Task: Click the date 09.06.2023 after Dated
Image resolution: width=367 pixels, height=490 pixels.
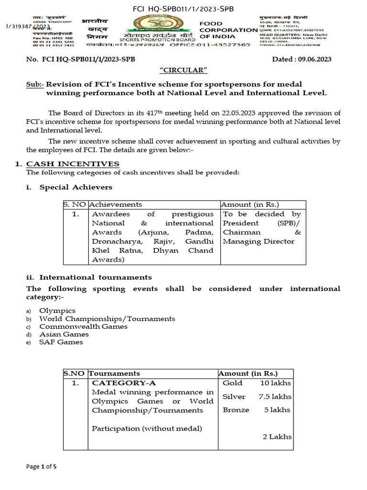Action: pos(313,59)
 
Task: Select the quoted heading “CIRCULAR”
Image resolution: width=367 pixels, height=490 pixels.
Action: pos(183,71)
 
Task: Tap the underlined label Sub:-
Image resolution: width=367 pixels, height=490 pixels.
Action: pos(35,84)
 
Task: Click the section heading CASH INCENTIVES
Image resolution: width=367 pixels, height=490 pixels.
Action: pos(73,164)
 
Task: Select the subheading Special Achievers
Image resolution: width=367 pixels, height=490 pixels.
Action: pos(76,187)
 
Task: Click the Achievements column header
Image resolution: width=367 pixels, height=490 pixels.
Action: pos(117,204)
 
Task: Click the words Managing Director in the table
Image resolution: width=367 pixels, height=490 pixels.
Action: pos(259,242)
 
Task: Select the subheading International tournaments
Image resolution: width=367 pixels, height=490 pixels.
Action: pos(96,277)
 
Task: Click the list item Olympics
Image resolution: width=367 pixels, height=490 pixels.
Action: pos(57,311)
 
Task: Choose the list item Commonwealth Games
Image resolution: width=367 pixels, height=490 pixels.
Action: pos(83,326)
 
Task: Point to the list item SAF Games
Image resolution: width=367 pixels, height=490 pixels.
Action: pos(61,342)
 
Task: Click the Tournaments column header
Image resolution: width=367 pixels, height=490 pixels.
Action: pos(115,373)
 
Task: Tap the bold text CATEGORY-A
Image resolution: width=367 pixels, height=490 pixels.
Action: pos(124,383)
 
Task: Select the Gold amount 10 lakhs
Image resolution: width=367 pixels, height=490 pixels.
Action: pos(275,383)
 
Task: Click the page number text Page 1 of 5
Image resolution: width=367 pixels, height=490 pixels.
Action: pos(42,467)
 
